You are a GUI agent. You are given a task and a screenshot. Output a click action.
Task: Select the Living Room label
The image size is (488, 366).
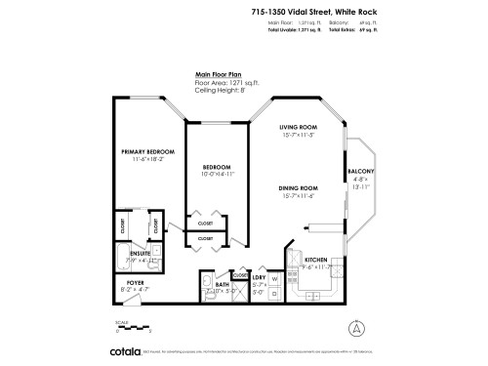coord(300,128)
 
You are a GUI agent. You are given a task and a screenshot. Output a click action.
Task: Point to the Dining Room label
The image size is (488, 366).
coord(300,186)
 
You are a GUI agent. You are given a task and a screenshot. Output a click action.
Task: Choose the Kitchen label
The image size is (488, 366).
coord(302,259)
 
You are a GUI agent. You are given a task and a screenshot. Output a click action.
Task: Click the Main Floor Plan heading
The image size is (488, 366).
coord(220,72)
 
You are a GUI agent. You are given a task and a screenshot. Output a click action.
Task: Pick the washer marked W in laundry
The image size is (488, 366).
coord(275,278)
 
